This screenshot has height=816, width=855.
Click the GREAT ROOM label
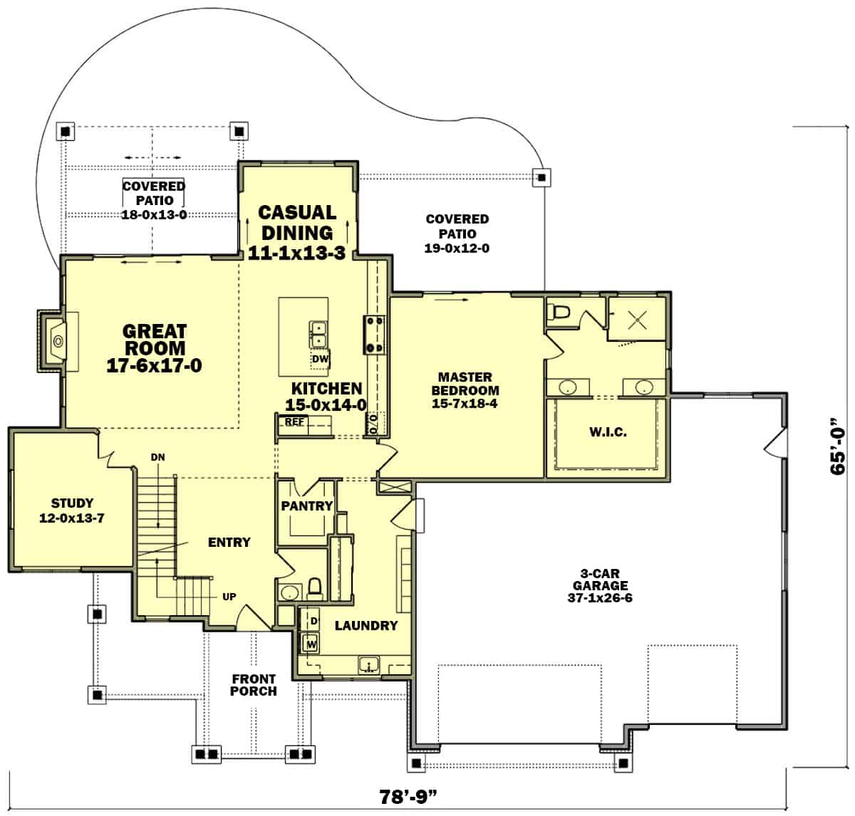(x=154, y=340)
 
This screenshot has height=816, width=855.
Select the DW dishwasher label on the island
(x=320, y=359)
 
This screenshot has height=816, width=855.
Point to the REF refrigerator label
(x=294, y=422)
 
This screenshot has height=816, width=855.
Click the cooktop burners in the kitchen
(x=374, y=335)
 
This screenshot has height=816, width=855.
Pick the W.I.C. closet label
(x=608, y=432)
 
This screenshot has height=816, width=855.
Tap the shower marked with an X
(x=637, y=319)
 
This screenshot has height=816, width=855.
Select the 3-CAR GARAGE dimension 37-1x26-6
(x=600, y=597)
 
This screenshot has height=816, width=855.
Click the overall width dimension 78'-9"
(x=408, y=797)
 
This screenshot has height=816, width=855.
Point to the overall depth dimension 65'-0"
(x=838, y=446)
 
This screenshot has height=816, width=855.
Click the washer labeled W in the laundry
(x=311, y=644)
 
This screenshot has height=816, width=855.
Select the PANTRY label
(x=306, y=506)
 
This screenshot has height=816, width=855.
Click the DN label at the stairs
(x=157, y=457)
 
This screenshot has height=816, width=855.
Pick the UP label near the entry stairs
(x=229, y=597)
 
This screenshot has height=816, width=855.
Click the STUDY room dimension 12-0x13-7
(x=72, y=518)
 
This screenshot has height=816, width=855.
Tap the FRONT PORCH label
(x=254, y=685)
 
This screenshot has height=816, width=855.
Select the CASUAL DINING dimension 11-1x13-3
(x=297, y=253)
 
